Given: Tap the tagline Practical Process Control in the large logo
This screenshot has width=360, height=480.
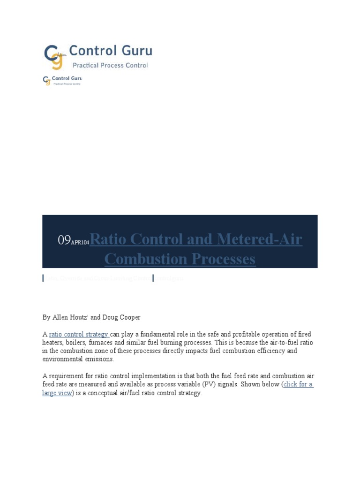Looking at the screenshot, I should coord(110,66).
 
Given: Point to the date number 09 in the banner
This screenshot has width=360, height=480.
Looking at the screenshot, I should coord(64,240).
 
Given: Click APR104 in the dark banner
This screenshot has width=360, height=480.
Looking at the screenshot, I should coord(80,242).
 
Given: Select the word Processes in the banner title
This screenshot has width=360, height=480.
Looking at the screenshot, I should coord(219,259).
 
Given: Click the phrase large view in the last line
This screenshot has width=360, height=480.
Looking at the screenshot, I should coord(57,393).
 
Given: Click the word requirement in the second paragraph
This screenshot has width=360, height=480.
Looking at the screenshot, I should coord(69,376).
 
